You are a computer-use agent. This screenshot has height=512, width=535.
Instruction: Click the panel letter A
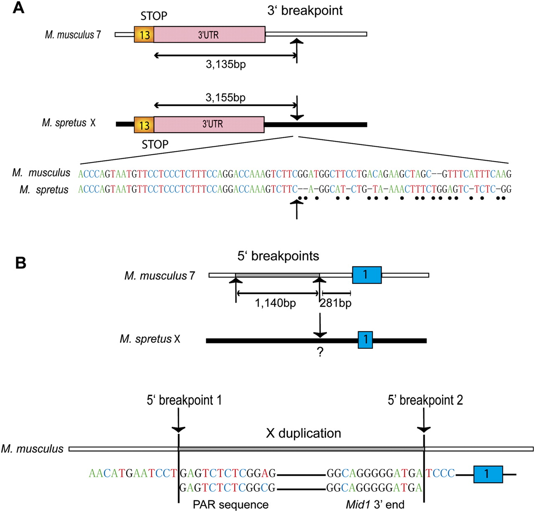pyautogui.click(x=18, y=8)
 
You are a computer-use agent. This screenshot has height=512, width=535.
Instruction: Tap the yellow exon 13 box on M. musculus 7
pyautogui.click(x=144, y=35)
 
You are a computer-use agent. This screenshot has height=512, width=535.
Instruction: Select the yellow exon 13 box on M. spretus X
pyautogui.click(x=144, y=125)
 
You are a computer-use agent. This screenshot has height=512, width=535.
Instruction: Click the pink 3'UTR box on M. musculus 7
pyautogui.click(x=209, y=35)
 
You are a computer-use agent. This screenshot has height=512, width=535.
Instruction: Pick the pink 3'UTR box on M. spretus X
pyautogui.click(x=209, y=125)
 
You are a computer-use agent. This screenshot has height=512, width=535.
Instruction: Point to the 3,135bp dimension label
pyautogui.click(x=226, y=64)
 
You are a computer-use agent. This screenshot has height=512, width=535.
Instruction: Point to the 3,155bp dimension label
pyautogui.click(x=226, y=98)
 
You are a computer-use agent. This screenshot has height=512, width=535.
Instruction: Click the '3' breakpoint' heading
pyautogui.click(x=305, y=10)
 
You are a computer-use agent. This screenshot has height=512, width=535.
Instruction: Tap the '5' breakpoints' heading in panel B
pyautogui.click(x=278, y=256)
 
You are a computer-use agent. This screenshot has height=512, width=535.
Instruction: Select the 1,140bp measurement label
pyautogui.click(x=275, y=303)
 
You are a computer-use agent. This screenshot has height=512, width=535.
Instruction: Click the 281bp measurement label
pyautogui.click(x=336, y=303)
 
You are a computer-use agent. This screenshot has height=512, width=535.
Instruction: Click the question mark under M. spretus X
pyautogui.click(x=320, y=352)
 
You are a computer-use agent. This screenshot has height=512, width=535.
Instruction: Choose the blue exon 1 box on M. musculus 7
pyautogui.click(x=367, y=275)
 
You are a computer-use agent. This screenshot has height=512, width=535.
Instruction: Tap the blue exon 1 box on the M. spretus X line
pyautogui.click(x=365, y=339)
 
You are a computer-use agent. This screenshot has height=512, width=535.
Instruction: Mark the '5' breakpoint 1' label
pyautogui.click(x=184, y=400)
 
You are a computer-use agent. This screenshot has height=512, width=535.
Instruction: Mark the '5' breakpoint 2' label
pyautogui.click(x=425, y=400)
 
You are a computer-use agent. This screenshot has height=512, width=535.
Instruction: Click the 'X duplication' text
pyautogui.click(x=303, y=433)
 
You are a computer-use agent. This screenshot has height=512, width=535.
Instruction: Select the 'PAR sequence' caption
pyautogui.click(x=230, y=504)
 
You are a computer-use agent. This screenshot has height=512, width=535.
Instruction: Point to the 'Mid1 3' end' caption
pyautogui.click(x=375, y=504)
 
